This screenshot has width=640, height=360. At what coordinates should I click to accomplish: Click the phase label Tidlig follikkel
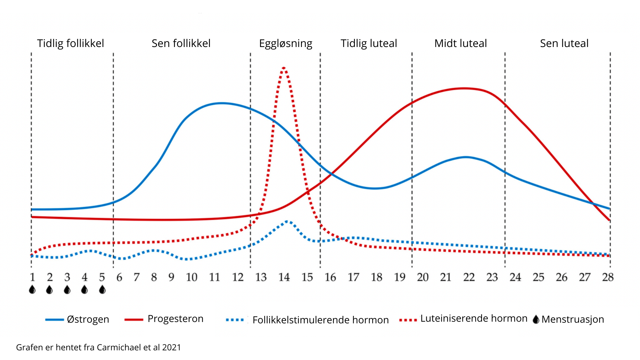coord(70,43)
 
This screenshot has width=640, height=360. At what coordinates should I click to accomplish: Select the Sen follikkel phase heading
coord(181,43)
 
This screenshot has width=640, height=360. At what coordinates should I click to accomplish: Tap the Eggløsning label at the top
coord(286,44)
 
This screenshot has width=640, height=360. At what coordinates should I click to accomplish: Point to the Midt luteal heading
coord(461,43)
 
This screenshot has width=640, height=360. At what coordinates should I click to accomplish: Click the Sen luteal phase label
coord(564,43)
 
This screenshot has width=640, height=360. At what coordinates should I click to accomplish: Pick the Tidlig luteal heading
coord(369,43)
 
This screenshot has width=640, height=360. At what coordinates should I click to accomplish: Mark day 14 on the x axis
coord(284,277)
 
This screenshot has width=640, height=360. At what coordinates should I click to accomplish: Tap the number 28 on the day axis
coord(608,277)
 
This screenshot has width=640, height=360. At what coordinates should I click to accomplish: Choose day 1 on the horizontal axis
coord(32,277)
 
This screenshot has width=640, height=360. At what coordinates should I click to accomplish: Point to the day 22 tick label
coord(469,277)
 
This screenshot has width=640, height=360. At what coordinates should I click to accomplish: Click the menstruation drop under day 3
coord(67,290)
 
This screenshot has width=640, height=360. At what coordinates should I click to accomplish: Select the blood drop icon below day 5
coord(102,290)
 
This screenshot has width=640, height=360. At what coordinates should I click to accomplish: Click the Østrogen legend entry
coord(88,319)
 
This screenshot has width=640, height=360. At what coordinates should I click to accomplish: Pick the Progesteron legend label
coord(175,319)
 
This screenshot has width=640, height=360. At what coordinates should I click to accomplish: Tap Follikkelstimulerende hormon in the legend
coord(321,320)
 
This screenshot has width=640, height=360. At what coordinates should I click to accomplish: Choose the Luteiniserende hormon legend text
coord(474,319)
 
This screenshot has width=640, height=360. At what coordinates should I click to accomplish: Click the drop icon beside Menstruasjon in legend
coord(536,319)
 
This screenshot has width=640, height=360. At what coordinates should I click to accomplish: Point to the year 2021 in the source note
coord(171,347)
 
